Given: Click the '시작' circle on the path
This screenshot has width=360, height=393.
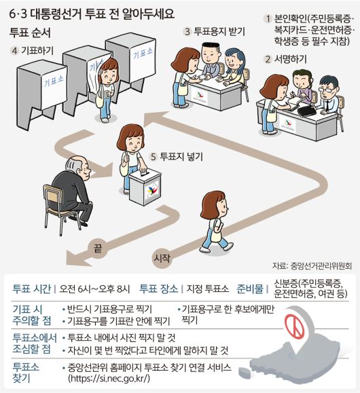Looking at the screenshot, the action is tap(162, 258).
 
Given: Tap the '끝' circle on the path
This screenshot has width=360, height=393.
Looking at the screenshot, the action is tap(98, 249).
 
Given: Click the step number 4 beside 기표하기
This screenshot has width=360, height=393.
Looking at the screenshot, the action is tap(14, 51).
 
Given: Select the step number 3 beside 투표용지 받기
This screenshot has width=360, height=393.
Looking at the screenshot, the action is tap(187, 32).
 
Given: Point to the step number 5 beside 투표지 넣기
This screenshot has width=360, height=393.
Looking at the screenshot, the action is tap(153, 157).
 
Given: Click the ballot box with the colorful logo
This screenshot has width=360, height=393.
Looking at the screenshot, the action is tap(145, 187).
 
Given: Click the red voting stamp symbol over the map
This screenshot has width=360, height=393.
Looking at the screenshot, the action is tap(294, 326).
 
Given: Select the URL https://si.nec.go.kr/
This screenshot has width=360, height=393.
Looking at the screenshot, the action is tap(109, 378).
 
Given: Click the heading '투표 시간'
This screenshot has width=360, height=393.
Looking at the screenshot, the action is tap(32, 288).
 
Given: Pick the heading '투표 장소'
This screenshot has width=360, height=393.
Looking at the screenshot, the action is tap(158, 288).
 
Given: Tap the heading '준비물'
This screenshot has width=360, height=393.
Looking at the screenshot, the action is tap(250, 288).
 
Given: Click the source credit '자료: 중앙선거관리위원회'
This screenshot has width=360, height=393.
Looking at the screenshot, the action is tap(312, 266).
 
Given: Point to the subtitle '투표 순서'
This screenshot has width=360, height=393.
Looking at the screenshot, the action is tap(30, 33).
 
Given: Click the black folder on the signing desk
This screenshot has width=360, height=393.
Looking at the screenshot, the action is tap(306, 111).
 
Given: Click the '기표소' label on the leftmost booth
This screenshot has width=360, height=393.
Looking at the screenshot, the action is tap(54, 81).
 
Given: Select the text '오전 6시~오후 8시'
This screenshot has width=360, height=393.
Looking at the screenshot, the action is tap(94, 289).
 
